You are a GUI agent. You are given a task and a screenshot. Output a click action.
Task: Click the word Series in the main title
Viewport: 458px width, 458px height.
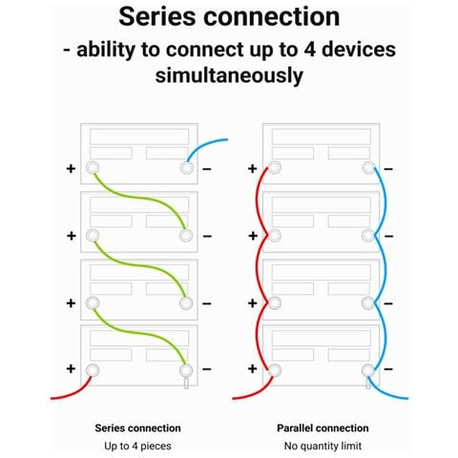157,16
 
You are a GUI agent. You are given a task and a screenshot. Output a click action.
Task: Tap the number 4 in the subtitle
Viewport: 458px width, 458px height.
310,50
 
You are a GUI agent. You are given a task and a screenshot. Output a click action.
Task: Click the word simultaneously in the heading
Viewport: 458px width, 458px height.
229,75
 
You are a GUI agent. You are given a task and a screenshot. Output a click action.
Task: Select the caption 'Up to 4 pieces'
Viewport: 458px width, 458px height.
137,446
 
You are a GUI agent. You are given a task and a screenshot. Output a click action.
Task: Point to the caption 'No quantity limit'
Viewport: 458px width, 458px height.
323,446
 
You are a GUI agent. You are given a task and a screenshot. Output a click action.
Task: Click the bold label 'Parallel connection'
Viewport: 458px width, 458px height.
323,428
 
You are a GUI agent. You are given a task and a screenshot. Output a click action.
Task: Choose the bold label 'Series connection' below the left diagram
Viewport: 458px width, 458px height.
137,428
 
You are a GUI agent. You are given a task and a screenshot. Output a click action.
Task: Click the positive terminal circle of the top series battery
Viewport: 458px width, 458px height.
93,168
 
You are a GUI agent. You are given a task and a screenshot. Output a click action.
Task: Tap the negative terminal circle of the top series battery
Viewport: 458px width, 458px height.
187,168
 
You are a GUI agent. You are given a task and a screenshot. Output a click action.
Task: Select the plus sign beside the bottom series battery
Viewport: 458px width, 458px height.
71,368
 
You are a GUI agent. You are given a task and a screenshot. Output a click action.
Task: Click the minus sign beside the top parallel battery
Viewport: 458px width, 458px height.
388,169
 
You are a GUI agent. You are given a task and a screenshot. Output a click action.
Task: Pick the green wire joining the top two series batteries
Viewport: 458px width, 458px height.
139,198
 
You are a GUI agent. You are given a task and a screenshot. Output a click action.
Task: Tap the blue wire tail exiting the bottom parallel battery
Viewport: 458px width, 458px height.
385,392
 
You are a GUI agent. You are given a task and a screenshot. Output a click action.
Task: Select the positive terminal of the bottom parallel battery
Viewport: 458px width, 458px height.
275,370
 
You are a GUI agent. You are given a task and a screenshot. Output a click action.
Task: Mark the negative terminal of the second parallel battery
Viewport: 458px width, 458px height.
368,236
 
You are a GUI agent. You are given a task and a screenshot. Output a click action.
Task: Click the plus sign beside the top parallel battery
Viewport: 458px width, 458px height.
253,169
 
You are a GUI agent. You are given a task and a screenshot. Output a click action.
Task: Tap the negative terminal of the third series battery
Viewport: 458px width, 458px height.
186,303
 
